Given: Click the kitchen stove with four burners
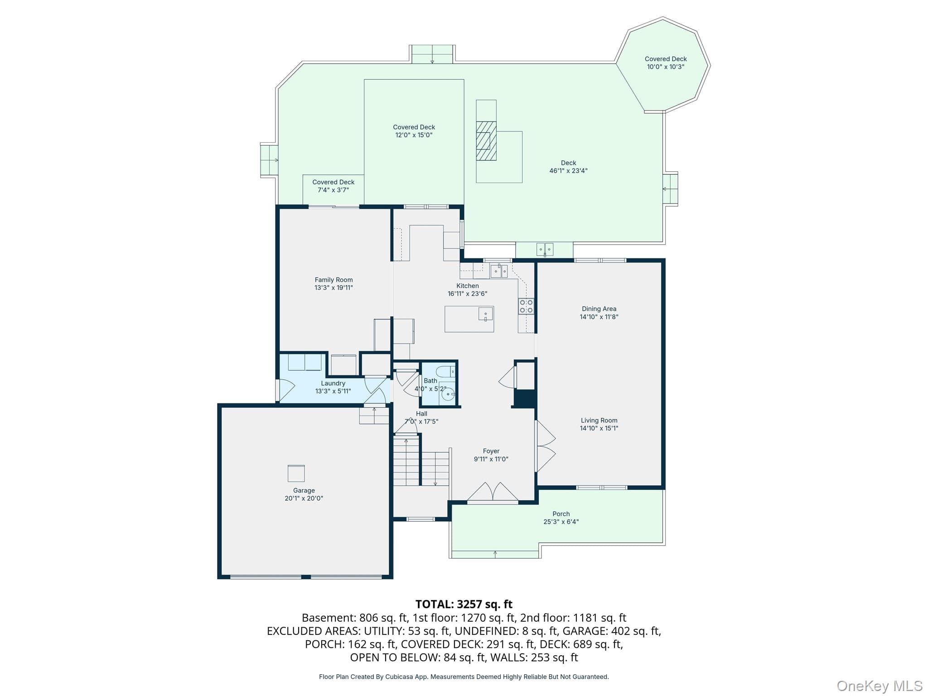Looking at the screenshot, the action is (526, 306).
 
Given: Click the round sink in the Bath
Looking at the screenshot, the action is (448, 394).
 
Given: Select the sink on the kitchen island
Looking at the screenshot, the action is (485, 314).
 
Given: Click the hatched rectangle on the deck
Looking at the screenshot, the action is (486, 140).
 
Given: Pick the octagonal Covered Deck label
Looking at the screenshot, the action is (666, 63).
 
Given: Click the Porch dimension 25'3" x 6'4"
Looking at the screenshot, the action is (561, 522).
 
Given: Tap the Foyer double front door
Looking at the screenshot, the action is (493, 493).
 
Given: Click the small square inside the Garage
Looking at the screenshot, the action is (296, 473).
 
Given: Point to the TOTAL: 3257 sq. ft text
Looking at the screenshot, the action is (464, 604).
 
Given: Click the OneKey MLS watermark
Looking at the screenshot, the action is (880, 686).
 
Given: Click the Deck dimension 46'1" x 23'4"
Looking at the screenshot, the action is (568, 171).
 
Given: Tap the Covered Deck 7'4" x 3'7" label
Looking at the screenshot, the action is (333, 186).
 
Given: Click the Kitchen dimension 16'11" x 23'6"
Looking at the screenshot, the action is (467, 294).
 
